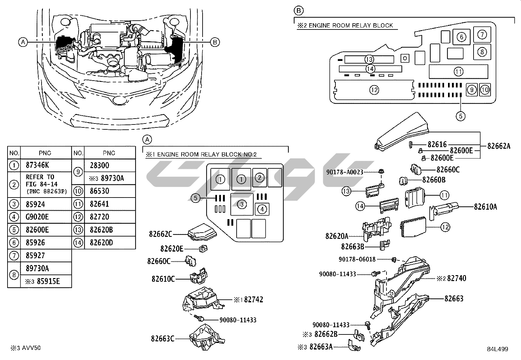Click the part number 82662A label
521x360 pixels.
[x=499, y=146]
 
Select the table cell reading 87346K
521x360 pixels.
[x=37, y=165]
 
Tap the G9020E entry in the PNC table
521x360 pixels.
[x=37, y=217]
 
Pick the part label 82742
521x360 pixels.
[x=253, y=299]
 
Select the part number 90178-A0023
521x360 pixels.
[x=345, y=172]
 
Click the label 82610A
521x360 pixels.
[x=486, y=207]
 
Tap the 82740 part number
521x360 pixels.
[x=457, y=278]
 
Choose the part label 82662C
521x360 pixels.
[x=160, y=234]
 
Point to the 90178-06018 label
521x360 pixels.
[x=357, y=259]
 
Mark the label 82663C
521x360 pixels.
[x=163, y=338]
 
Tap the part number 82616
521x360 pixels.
[x=437, y=144]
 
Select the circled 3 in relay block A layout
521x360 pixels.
[x=242, y=204]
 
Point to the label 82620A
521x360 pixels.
[x=337, y=236]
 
